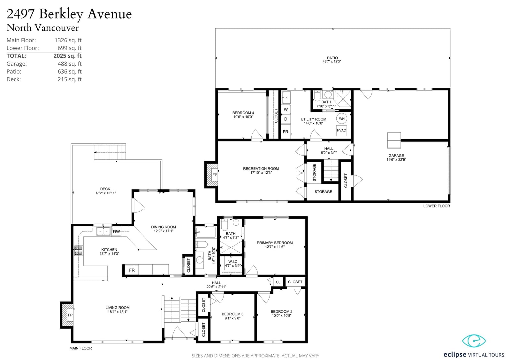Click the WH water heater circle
(x=341, y=118)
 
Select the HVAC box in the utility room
(x=341, y=130)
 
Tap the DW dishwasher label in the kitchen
(x=116, y=232)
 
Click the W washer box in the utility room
(x=286, y=109)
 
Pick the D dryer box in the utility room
(x=286, y=119)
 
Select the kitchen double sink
(x=103, y=231)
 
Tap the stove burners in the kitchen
(x=78, y=250)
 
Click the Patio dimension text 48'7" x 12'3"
(x=332, y=61)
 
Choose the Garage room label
(x=396, y=156)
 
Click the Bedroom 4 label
(x=243, y=113)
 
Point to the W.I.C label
(x=233, y=261)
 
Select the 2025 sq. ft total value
(x=67, y=56)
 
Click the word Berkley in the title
(x=61, y=14)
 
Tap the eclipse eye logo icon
(x=474, y=341)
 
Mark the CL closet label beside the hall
(x=278, y=282)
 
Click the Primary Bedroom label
(x=275, y=243)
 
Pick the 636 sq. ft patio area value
(x=70, y=72)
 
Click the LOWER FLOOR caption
(x=437, y=206)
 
